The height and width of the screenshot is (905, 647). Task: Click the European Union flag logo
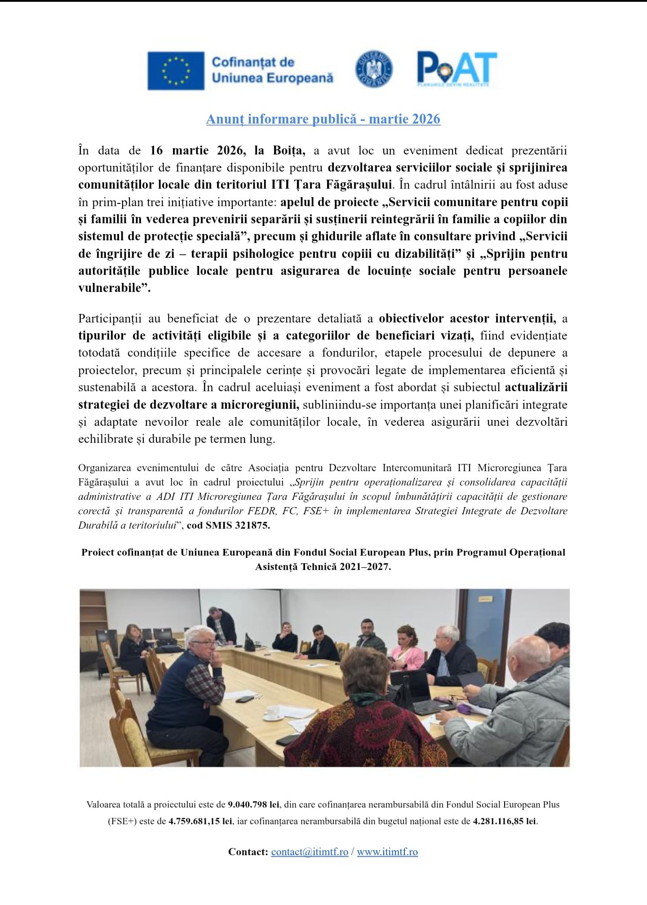click(176, 71)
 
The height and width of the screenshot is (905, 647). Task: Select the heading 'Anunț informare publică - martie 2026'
click(323, 119)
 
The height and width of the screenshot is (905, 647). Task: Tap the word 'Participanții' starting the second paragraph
click(110, 318)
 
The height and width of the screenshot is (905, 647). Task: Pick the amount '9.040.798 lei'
click(253, 804)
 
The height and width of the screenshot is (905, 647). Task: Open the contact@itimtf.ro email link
click(310, 852)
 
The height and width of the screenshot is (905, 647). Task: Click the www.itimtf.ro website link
click(387, 852)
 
